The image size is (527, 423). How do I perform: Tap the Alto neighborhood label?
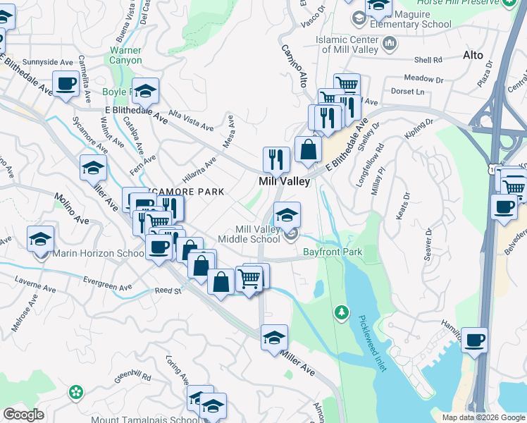[473, 54]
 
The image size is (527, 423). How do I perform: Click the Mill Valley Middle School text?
[257, 234]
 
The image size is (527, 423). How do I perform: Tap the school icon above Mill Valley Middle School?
[286, 215]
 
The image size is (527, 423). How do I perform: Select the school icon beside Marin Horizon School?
[41, 239]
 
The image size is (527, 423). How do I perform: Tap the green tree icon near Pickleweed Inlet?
[342, 311]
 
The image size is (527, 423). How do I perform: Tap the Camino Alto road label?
[295, 66]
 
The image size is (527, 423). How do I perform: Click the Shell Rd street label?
[428, 60]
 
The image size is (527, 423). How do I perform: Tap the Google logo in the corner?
[23, 415]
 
